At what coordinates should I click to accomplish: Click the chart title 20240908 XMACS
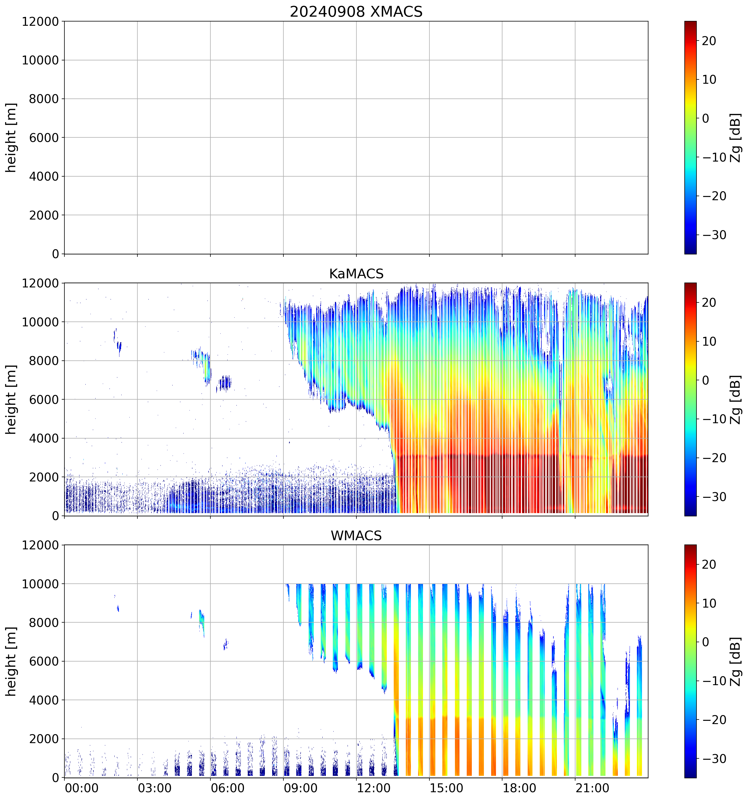click(x=356, y=12)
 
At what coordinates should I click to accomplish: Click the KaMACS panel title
click(x=356, y=274)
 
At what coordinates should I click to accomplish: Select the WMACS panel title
click(x=356, y=536)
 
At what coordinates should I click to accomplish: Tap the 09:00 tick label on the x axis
click(x=300, y=788)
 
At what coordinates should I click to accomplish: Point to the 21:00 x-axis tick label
click(x=592, y=788)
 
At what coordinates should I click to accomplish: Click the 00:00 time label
click(x=82, y=788)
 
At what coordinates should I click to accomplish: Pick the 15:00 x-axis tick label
click(x=446, y=788)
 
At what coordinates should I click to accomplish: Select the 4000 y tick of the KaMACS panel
click(x=44, y=438)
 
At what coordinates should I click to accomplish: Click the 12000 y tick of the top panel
click(x=40, y=21)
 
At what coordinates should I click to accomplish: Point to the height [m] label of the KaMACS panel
click(x=11, y=399)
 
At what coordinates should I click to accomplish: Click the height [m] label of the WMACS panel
click(x=11, y=661)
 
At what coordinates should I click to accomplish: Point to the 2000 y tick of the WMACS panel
click(x=44, y=739)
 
